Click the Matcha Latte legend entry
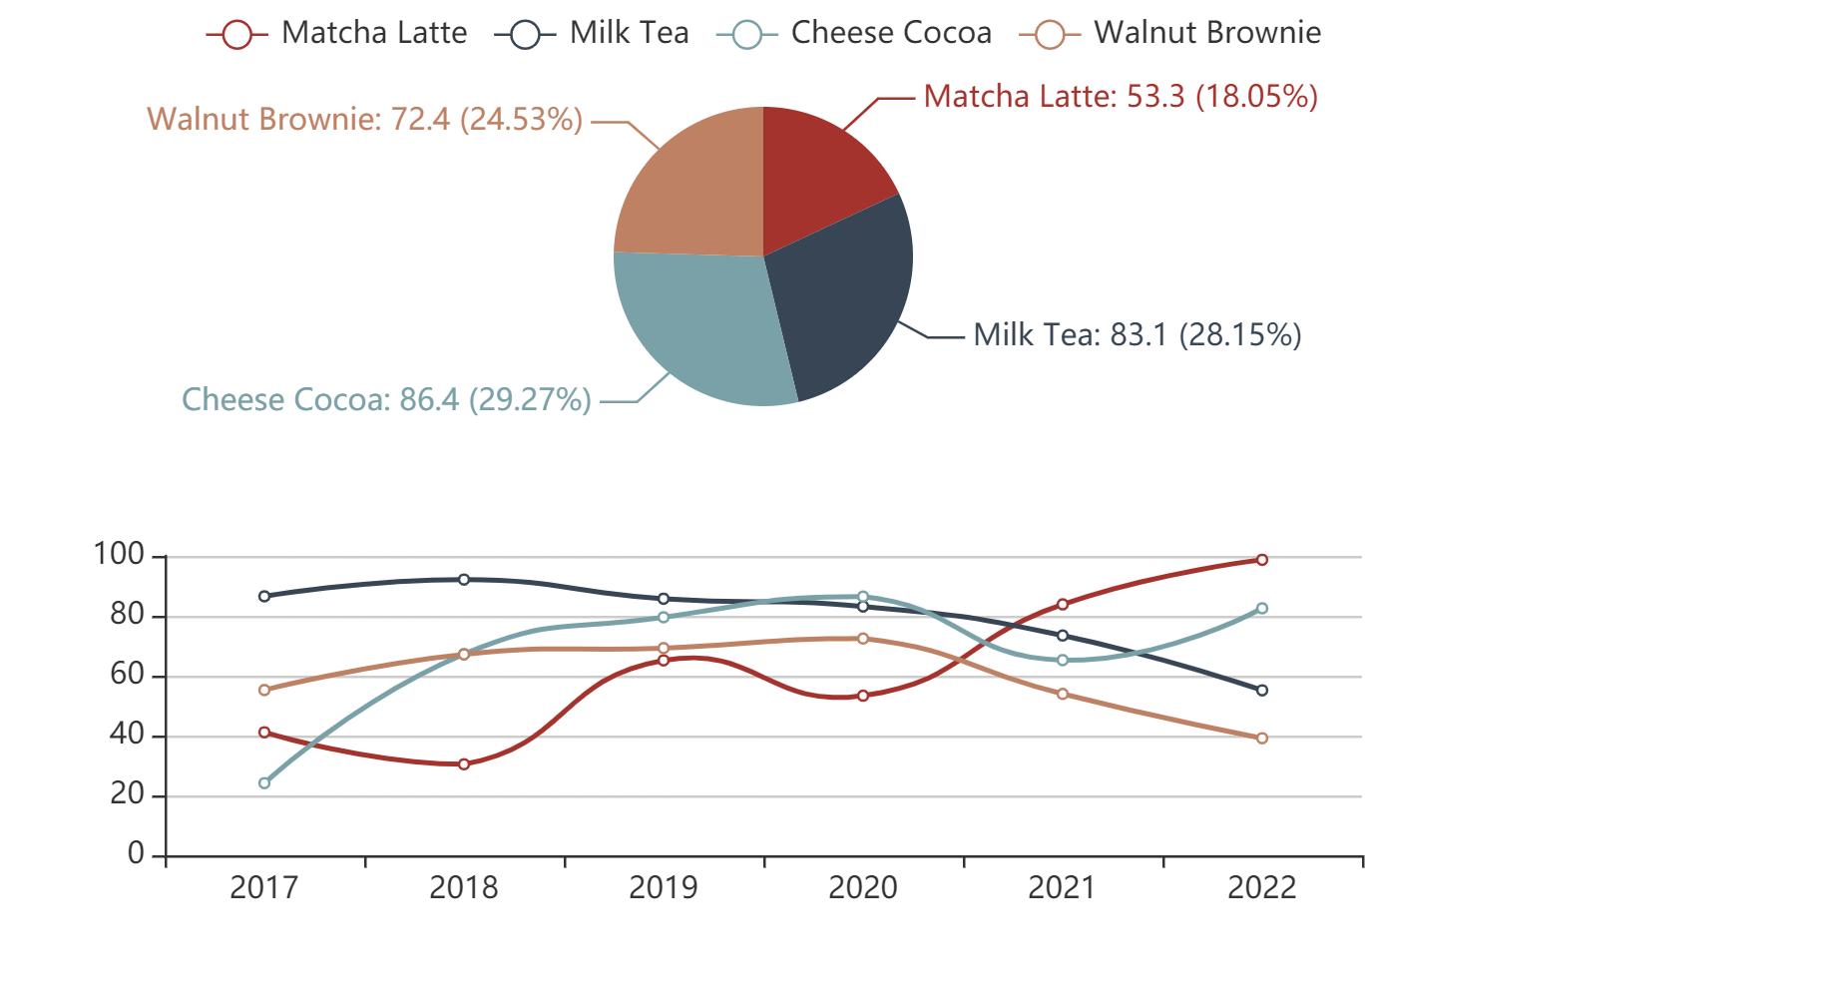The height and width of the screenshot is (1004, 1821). pyautogui.click(x=337, y=34)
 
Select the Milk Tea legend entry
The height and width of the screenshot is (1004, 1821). pyautogui.click(x=593, y=34)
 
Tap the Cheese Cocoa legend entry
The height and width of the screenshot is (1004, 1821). pyautogui.click(x=854, y=34)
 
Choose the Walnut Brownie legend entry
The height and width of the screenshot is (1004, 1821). pyautogui.click(x=1170, y=34)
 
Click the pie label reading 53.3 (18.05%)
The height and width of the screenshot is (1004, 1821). pyautogui.click(x=1121, y=97)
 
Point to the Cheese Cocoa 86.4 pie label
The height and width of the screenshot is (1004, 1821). pyautogui.click(x=386, y=400)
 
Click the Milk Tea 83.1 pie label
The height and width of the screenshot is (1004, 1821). pyautogui.click(x=1138, y=335)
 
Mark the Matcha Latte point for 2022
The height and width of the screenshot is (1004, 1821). pyautogui.click(x=1262, y=560)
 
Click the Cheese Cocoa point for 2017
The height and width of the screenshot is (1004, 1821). pyautogui.click(x=264, y=783)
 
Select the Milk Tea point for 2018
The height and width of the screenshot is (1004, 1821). pyautogui.click(x=464, y=580)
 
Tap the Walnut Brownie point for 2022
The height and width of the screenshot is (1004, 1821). pyautogui.click(x=1262, y=739)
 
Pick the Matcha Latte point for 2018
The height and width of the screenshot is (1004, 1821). pyautogui.click(x=464, y=764)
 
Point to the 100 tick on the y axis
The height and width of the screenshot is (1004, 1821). pyautogui.click(x=120, y=555)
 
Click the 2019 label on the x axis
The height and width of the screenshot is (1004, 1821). pyautogui.click(x=664, y=887)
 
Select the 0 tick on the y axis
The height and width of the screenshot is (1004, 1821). pyautogui.click(x=136, y=854)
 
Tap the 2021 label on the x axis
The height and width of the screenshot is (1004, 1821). pyautogui.click(x=1063, y=887)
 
